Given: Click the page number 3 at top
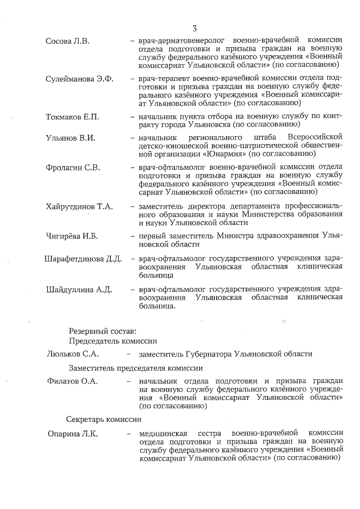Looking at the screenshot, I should [x=194, y=28].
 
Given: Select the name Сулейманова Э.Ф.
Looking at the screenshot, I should [x=79, y=78].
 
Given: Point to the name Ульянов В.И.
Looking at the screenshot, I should [x=69, y=138].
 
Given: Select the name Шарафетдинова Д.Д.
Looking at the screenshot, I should [x=83, y=259].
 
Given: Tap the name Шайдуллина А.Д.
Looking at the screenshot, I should [x=79, y=290].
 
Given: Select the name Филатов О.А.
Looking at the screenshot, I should [x=72, y=382].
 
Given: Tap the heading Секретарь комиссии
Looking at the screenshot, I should [x=103, y=419].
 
